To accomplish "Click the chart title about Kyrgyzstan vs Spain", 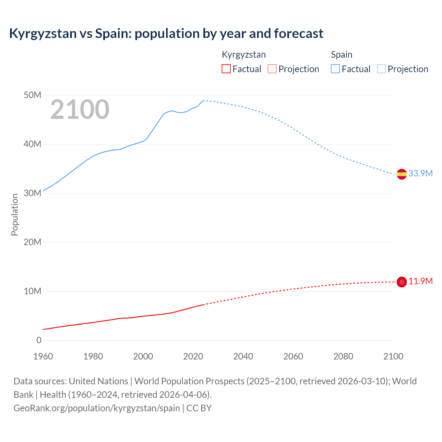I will coord(166,33).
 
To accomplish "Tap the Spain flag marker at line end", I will coord(402,174).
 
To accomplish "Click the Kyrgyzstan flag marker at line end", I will coord(402,282).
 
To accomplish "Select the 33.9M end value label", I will coord(420,173).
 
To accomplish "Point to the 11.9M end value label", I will coord(421,281).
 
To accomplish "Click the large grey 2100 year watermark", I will coord(80,110).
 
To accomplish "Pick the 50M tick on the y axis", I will coord(32,95).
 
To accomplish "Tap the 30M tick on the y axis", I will coord(32,193).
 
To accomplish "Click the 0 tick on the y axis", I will coord(39,340).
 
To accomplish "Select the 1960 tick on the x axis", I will coord(43,356).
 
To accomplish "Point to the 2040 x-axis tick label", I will coord(243,356).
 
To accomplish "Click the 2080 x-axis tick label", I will coord(343,356).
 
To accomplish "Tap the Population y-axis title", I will coord(15,214).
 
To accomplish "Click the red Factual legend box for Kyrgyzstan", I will coord(226,69).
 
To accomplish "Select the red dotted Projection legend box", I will coord(272,69).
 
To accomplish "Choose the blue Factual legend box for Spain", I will coord(335,69).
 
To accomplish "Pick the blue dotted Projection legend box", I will coord(382,69).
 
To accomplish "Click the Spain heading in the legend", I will coord(342,55).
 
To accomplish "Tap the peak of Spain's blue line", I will coord(203,100).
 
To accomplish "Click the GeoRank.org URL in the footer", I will coord(97,408).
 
